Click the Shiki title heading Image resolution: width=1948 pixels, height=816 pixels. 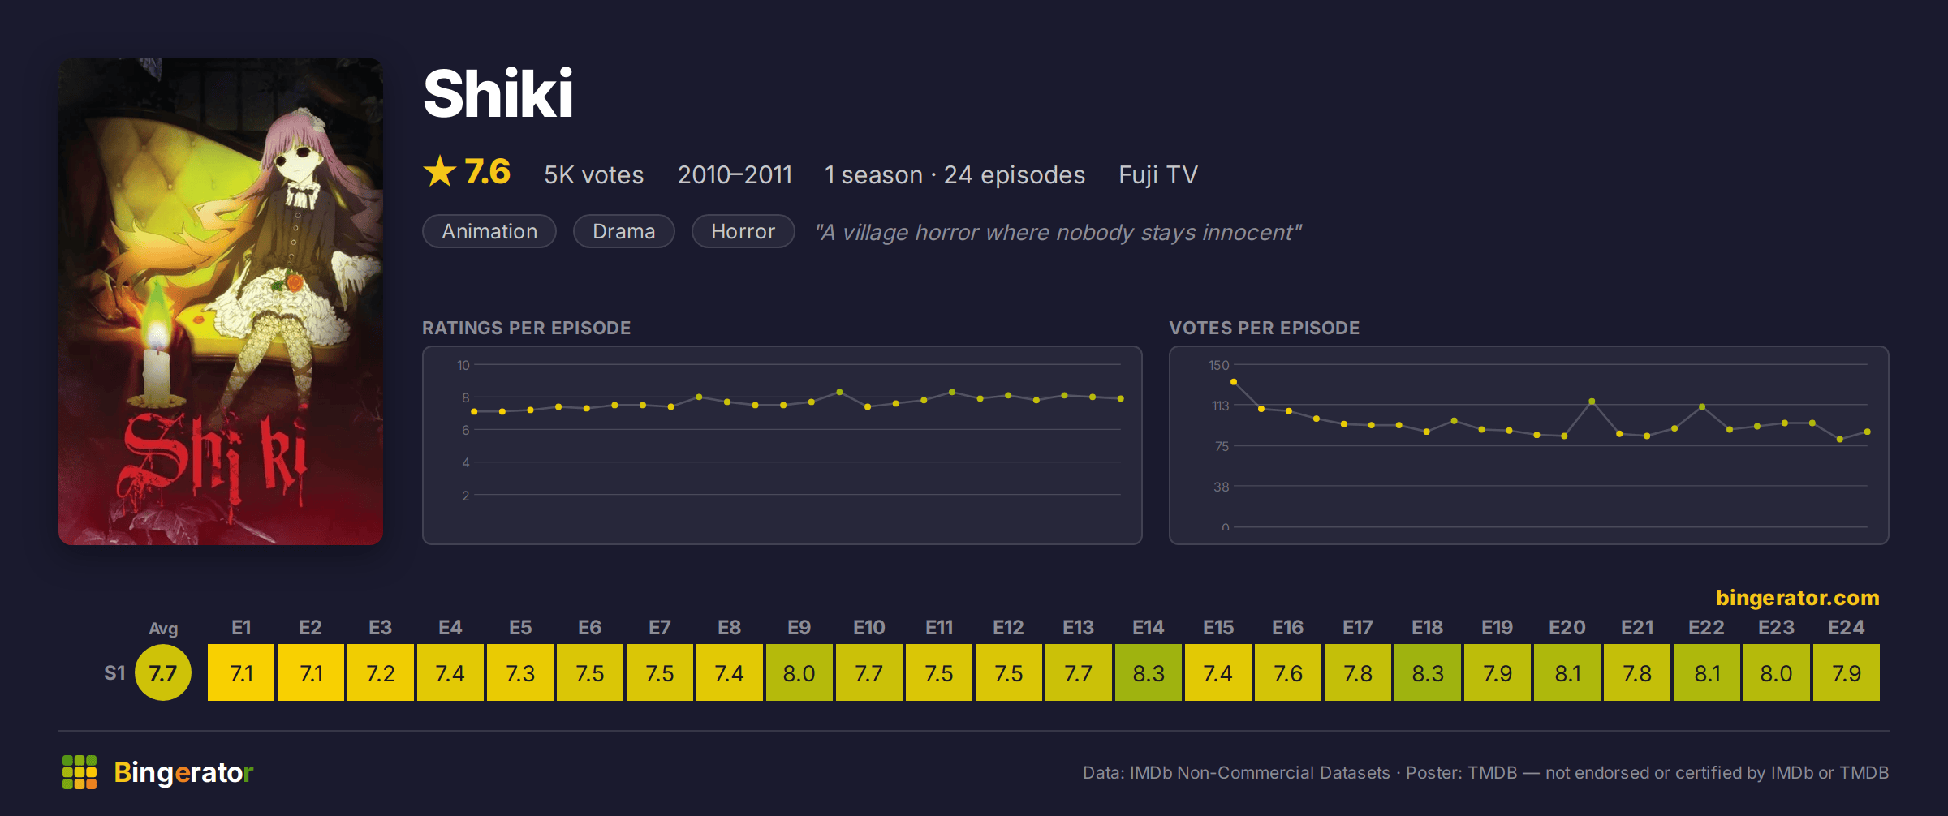pos(498,93)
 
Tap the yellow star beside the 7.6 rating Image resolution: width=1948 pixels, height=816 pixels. pos(440,171)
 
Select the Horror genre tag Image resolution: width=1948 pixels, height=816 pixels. pos(743,231)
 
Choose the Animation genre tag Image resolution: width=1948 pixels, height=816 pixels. pos(489,231)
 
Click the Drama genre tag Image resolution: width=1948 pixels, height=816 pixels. pos(623,231)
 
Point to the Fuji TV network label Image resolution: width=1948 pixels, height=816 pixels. pos(1158,174)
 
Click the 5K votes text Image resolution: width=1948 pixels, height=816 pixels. pos(593,174)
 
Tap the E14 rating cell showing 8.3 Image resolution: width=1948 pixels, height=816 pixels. pos(1149,672)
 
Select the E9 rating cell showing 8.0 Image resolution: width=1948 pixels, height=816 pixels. pos(799,672)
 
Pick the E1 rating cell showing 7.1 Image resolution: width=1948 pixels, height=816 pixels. pos(241,672)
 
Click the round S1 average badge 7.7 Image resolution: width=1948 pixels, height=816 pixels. pos(163,672)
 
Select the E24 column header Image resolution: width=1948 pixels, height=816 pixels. pos(1846,628)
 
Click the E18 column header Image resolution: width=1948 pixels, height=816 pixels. pos(1427,628)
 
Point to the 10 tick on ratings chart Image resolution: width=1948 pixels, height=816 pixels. pos(463,365)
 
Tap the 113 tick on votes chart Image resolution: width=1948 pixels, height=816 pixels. pos(1221,406)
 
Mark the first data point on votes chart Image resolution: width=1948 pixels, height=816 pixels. pos(1234,381)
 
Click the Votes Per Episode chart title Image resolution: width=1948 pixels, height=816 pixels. pos(1264,328)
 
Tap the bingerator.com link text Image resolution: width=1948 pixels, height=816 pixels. pos(1797,598)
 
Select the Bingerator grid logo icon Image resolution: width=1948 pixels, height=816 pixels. pos(80,772)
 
